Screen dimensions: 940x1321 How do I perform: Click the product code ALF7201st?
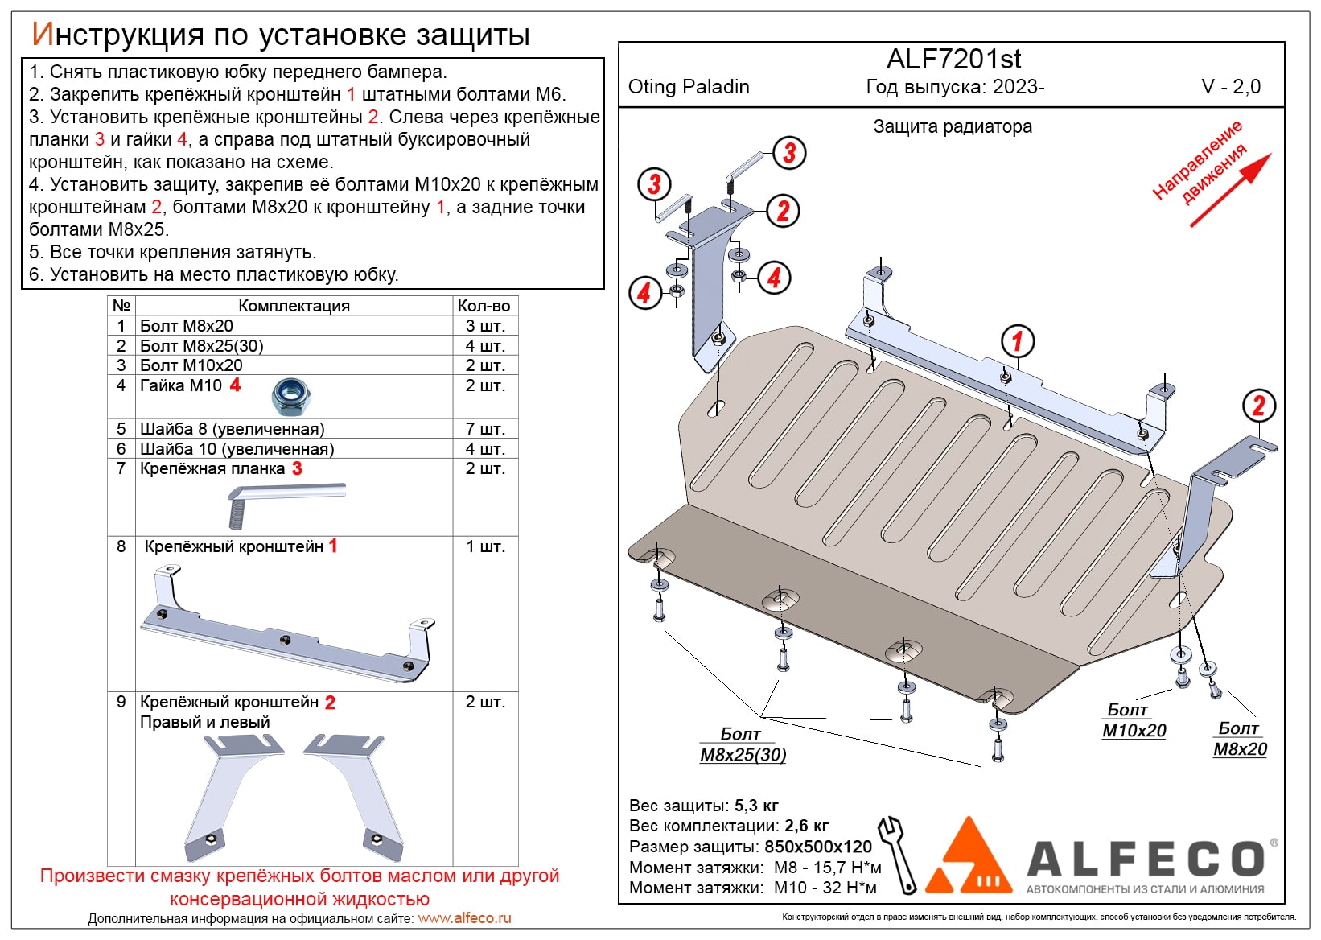pos(953,60)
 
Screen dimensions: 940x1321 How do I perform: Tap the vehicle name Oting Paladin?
pos(688,87)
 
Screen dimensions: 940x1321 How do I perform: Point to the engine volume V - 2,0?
pos(1230,87)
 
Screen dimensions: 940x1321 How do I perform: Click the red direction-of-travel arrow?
pos(1230,190)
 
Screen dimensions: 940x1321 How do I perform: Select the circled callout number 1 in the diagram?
pos(1017,340)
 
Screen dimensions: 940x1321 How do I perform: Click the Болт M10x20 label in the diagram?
pos(1133,720)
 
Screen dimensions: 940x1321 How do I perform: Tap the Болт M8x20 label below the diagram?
pos(1239,739)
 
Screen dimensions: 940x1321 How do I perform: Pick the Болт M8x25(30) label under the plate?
pos(742,744)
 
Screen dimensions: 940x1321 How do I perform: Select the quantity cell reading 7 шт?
pos(484,429)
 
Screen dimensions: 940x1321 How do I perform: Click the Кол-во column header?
pos(484,306)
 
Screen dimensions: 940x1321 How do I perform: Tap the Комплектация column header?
pos(294,306)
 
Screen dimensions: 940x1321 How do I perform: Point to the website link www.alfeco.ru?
pos(464,918)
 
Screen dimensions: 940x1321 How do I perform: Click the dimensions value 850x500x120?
pos(817,847)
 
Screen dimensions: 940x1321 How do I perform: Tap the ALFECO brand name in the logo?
pos(1146,859)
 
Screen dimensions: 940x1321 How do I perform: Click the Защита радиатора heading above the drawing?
pos(952,127)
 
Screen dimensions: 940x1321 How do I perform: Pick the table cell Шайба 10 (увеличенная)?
pos(237,449)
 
